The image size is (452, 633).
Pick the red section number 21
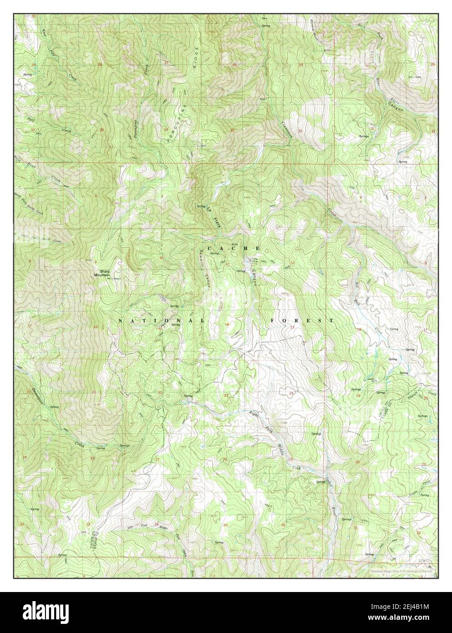94,392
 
